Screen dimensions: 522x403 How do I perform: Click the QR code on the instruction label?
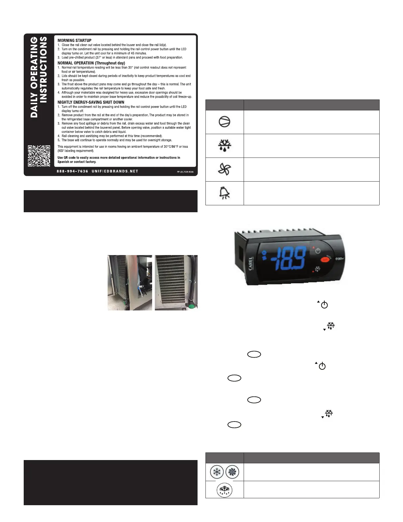[39, 156]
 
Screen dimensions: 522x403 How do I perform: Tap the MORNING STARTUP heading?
[74, 41]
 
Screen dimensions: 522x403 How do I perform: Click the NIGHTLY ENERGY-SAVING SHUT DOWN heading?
[91, 102]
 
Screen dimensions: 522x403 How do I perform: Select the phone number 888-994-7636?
[72, 171]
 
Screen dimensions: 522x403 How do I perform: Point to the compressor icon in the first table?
[225, 122]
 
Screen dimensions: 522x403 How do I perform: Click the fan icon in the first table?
[225, 169]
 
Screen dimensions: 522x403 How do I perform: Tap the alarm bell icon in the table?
[225, 193]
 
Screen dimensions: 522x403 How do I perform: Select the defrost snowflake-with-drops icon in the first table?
[225, 146]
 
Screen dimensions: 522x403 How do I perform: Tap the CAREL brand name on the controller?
[251, 264]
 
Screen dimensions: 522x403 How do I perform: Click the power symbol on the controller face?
[318, 251]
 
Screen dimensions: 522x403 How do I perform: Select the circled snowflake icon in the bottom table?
[217, 472]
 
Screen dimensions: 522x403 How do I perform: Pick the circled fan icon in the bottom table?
[232, 472]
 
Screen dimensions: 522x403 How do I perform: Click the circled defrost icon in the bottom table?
[225, 490]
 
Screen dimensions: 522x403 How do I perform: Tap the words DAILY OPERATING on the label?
[34, 77]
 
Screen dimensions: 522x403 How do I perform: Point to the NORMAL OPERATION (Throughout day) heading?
[91, 63]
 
